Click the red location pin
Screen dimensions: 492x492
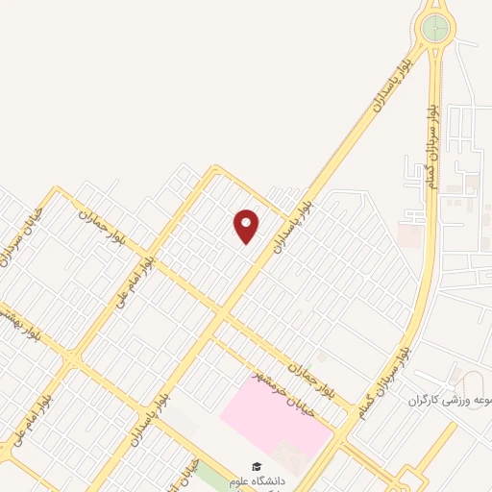(x=247, y=226)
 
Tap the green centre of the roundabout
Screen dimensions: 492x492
(x=436, y=27)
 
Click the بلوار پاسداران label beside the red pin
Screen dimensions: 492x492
(x=291, y=222)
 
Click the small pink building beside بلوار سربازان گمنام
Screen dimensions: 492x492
(x=409, y=234)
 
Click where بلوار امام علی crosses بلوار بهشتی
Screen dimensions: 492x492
(x=72, y=361)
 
